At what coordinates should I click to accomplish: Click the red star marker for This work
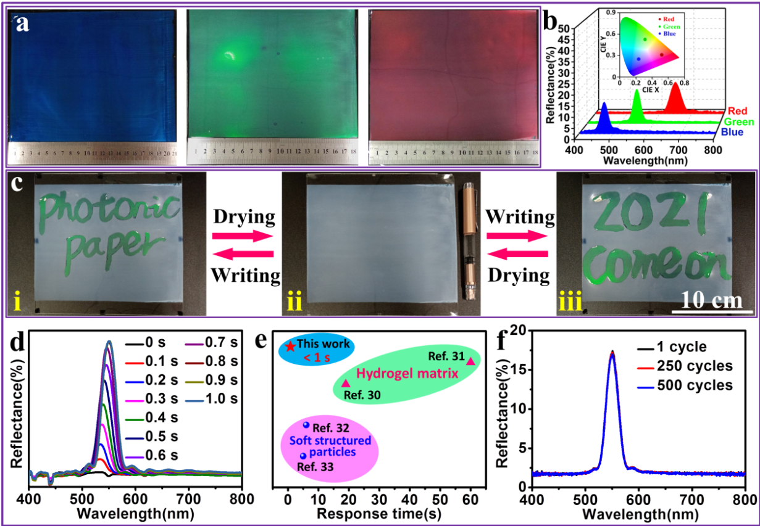tap(291, 346)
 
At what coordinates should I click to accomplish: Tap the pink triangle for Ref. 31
tap(470, 361)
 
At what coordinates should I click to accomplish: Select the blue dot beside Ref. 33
tap(303, 456)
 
